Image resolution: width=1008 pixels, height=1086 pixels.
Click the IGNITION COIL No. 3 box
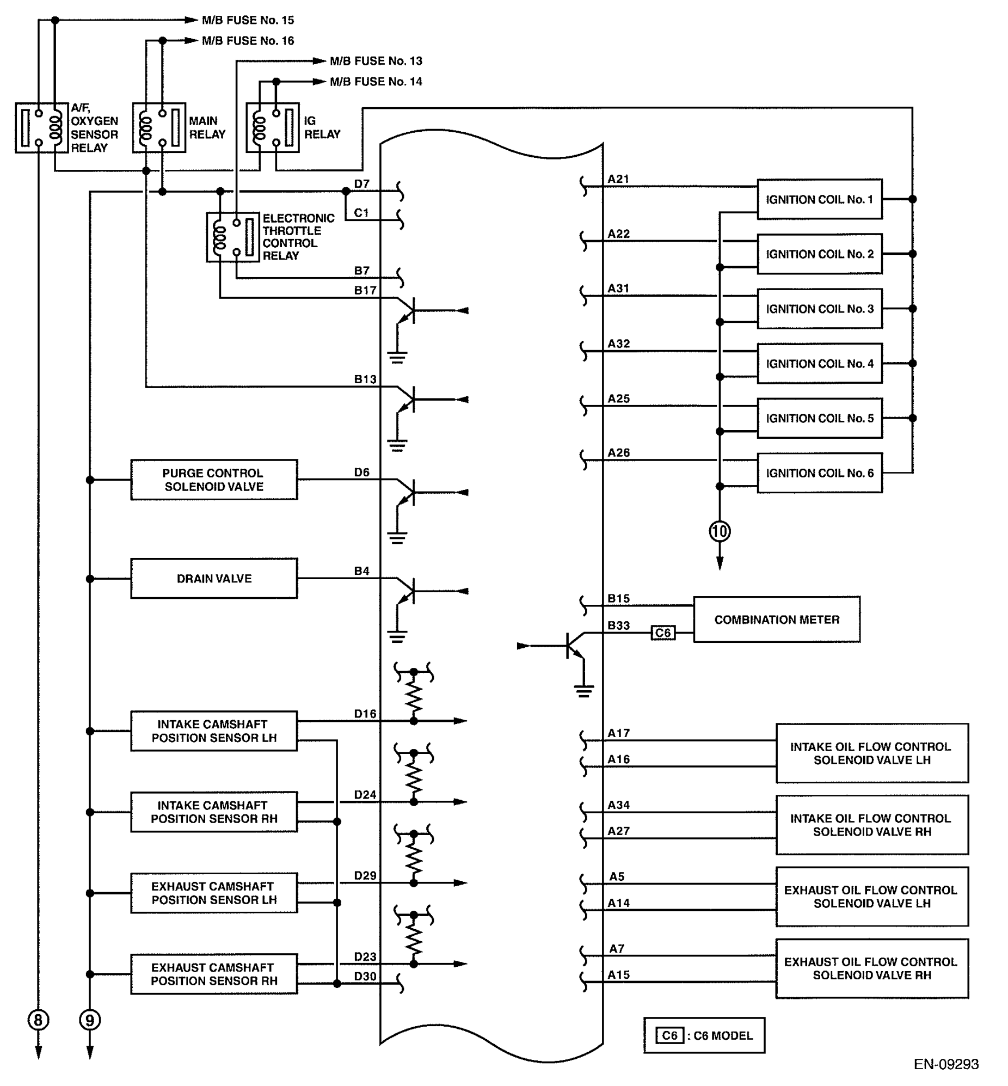[819, 309]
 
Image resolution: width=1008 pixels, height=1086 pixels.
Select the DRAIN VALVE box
[214, 578]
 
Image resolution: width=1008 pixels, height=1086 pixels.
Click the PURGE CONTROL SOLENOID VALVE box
[214, 480]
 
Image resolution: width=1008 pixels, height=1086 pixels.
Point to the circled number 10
[720, 531]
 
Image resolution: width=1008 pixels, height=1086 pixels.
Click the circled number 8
[38, 1020]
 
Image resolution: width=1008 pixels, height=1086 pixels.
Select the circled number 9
[90, 1020]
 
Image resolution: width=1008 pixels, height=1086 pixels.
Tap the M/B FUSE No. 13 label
[376, 61]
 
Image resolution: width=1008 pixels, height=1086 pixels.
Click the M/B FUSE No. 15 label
[248, 20]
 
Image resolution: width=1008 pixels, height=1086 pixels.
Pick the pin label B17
[365, 290]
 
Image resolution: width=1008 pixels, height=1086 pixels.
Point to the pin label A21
[618, 179]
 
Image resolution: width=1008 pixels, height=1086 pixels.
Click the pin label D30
[365, 976]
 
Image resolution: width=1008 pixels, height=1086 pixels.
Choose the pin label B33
[618, 625]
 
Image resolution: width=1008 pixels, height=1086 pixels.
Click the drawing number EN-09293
[946, 1064]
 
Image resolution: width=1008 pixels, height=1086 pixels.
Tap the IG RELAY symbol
[273, 127]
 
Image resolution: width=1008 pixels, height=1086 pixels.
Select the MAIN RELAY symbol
[159, 127]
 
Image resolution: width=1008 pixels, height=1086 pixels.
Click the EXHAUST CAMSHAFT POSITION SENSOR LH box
[214, 893]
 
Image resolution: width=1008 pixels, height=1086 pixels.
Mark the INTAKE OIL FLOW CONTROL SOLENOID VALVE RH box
[871, 825]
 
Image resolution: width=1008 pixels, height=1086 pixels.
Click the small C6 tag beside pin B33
[663, 633]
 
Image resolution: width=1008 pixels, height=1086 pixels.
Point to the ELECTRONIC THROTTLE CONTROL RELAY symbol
[233, 237]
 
